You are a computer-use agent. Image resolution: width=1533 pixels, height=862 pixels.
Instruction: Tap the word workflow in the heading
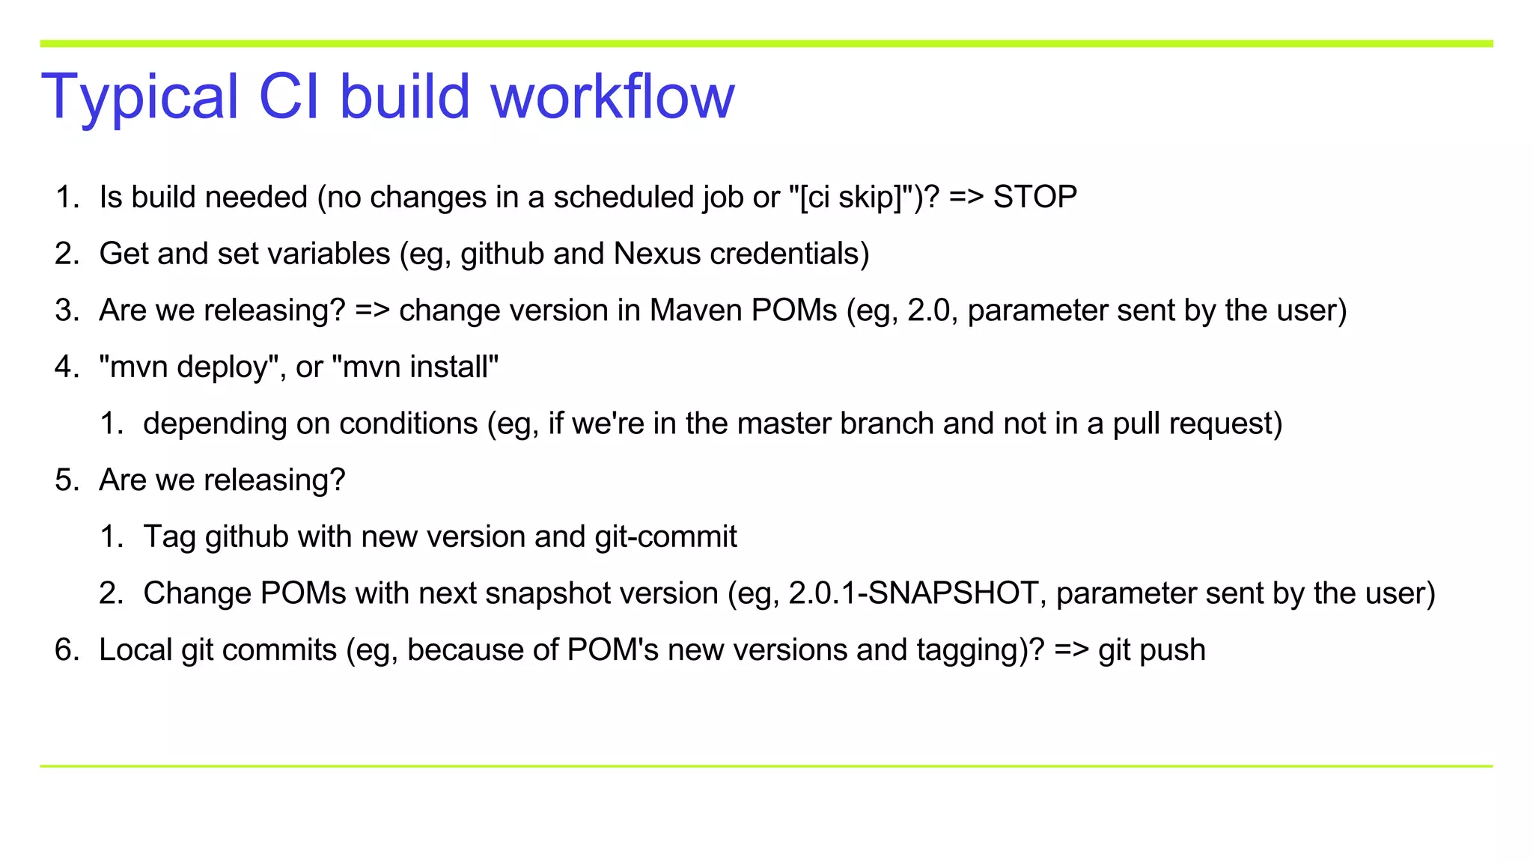pyautogui.click(x=612, y=97)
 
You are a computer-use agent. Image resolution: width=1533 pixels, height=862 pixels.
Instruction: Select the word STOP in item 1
pyautogui.click(x=1034, y=198)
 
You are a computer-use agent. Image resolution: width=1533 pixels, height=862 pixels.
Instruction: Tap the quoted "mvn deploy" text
pyautogui.click(x=189, y=367)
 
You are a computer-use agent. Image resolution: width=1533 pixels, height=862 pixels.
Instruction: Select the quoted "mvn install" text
pyautogui.click(x=415, y=367)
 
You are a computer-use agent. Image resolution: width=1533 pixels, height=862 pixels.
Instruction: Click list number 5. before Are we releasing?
pyautogui.click(x=67, y=480)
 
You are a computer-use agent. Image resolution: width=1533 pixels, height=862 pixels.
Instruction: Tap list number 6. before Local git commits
pyautogui.click(x=67, y=650)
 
